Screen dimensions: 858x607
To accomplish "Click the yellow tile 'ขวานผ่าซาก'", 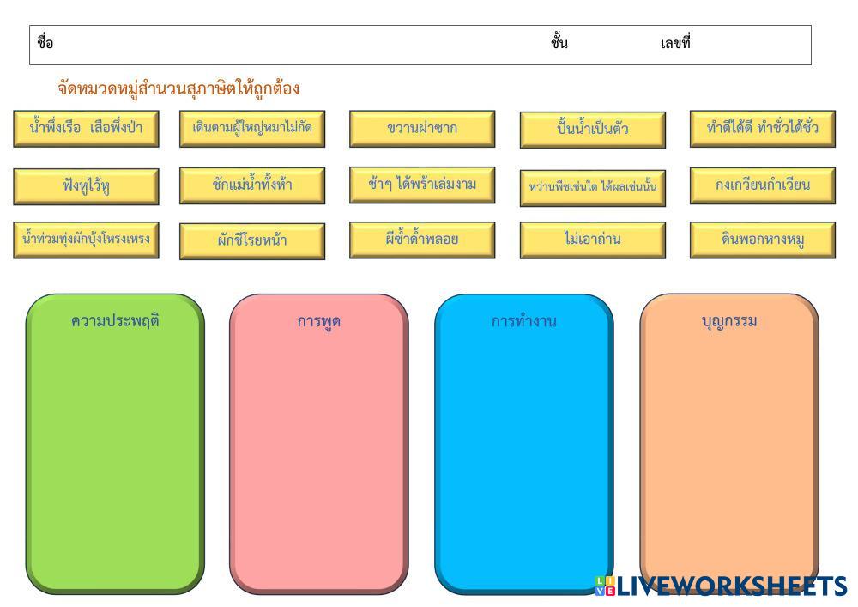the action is click(422, 129).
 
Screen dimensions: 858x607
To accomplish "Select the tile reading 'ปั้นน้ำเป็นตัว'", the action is click(592, 130).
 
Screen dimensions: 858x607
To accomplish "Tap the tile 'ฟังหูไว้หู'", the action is click(86, 185).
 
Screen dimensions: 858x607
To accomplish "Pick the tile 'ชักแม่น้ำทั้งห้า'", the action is click(252, 185).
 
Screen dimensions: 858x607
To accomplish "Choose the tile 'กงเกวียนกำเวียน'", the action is click(762, 185).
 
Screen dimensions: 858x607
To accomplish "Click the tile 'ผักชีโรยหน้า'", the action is click(252, 240).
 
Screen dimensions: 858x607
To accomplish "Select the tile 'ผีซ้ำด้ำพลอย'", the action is click(422, 239).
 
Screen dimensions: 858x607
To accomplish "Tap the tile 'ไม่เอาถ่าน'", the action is click(592, 240).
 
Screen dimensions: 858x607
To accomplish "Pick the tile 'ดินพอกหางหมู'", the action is click(762, 240).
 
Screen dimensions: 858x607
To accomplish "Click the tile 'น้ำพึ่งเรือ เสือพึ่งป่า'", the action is click(86, 129).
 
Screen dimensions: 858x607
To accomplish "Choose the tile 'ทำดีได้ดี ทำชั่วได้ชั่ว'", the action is click(762, 129).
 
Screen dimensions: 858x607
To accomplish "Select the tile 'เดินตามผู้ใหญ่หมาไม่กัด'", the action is click(252, 129).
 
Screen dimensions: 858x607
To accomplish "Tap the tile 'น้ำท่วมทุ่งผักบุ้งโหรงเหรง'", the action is click(86, 239).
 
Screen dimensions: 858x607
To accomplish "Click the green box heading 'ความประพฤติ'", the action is click(115, 321).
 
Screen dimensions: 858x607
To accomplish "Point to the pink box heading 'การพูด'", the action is click(319, 322).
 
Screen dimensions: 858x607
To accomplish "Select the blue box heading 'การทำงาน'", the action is click(523, 322).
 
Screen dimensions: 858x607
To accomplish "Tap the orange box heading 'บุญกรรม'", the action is click(729, 322).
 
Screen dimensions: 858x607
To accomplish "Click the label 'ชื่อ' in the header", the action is click(45, 43).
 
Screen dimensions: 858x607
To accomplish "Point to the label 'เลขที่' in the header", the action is click(675, 43).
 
